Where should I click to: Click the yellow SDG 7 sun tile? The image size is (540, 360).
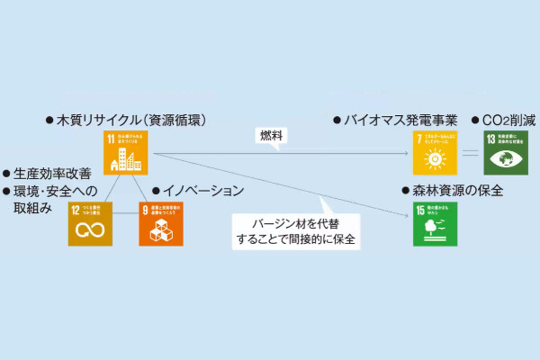[435, 152]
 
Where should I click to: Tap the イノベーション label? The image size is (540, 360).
[202, 191]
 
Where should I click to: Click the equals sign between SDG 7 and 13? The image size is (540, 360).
[470, 152]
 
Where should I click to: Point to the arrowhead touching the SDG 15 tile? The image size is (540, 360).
[408, 213]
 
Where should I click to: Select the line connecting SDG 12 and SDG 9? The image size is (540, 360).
[125, 224]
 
